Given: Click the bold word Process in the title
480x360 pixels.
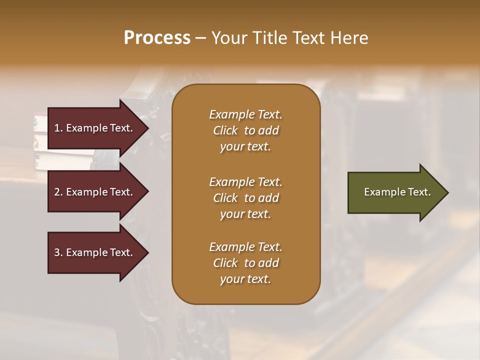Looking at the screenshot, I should coord(157,38).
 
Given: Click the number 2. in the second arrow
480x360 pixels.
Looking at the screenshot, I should coord(58,192).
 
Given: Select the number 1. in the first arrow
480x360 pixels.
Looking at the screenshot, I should coord(58,128).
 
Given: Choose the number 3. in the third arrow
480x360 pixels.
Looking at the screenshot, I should coord(58,252).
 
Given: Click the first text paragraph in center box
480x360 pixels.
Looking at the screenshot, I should coord(245,130).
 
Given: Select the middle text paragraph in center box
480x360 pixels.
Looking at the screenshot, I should coord(245,198).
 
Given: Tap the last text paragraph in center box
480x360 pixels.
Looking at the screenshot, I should coord(245,263).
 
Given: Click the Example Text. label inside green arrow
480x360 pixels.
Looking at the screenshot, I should coord(397,192).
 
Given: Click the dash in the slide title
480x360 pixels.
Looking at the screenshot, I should coord(200,38).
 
